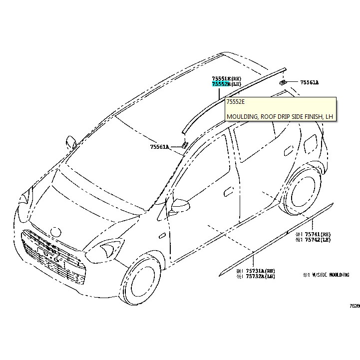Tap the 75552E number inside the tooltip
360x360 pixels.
(x=235, y=101)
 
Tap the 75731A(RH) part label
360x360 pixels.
(x=256, y=270)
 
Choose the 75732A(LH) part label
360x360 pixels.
(x=256, y=276)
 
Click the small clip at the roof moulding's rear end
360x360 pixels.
(x=283, y=82)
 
